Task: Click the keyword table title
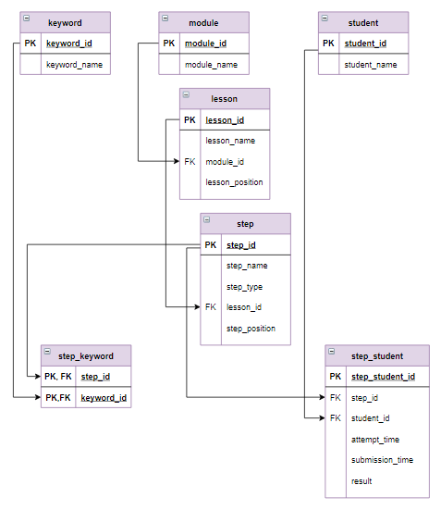(64, 22)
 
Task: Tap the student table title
(363, 22)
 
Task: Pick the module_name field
(211, 65)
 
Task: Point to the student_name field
(370, 65)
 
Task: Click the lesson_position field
(234, 182)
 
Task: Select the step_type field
(244, 287)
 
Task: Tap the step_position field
(251, 329)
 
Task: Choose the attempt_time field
(375, 440)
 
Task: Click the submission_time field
(382, 460)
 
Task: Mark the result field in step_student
(361, 481)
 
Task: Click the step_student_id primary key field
(383, 377)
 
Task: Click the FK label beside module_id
(190, 162)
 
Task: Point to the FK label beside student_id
(335, 418)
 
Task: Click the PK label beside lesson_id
(190, 120)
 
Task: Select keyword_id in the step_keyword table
(103, 398)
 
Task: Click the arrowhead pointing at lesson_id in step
(196, 307)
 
